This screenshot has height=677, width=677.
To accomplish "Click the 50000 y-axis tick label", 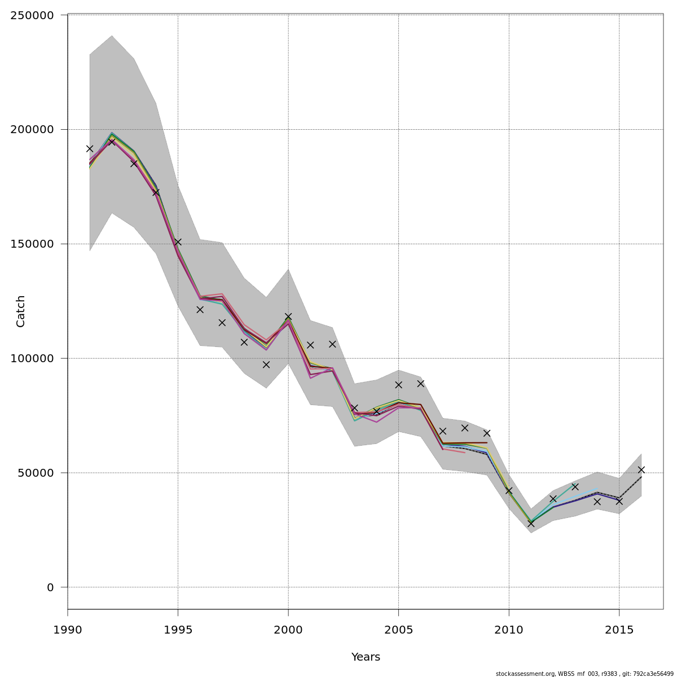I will pyautogui.click(x=36, y=473).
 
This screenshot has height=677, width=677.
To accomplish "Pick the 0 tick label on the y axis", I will pyautogui.click(x=50, y=588).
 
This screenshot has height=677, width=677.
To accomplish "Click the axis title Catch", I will pyautogui.click(x=21, y=311).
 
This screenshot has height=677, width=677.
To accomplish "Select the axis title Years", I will pyautogui.click(x=366, y=657).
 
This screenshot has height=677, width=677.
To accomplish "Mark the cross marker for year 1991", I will pyautogui.click(x=90, y=148).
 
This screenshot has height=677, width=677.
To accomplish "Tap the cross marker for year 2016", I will pyautogui.click(x=641, y=469).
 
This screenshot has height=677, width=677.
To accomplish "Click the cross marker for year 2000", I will pyautogui.click(x=288, y=316).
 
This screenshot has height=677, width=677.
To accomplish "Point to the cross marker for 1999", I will pyautogui.click(x=266, y=364).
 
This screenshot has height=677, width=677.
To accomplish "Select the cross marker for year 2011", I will pyautogui.click(x=531, y=524).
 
